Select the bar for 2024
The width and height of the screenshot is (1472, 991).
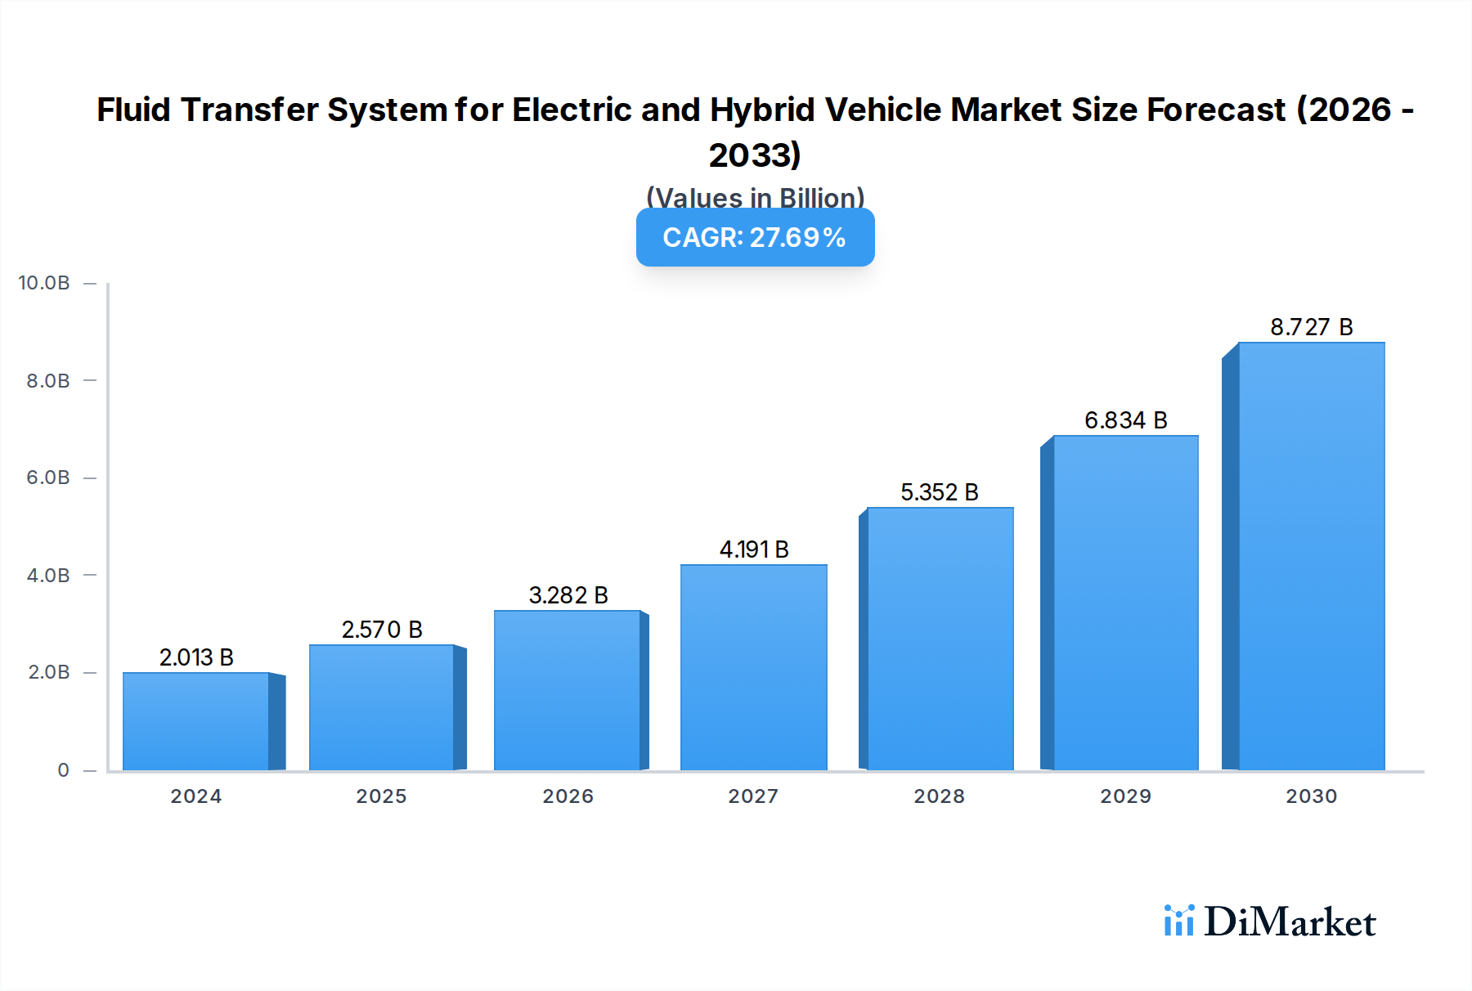[x=196, y=721]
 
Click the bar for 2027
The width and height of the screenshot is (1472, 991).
[x=753, y=667]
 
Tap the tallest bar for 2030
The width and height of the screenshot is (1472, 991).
[x=1311, y=556]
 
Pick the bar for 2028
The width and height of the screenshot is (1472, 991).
[x=940, y=639]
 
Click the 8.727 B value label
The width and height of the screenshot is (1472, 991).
[x=1311, y=327]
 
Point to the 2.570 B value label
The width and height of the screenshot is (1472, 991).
[x=382, y=630]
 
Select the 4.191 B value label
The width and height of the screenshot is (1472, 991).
[x=753, y=549]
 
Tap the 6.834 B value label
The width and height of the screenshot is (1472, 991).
[x=1125, y=420]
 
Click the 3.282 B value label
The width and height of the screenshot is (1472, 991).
[x=568, y=595]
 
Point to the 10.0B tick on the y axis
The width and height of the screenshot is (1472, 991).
[x=44, y=283]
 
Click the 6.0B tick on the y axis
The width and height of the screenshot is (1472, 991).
[x=48, y=478]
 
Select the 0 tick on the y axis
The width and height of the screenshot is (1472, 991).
[x=63, y=770]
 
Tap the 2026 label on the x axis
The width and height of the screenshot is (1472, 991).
[x=568, y=796]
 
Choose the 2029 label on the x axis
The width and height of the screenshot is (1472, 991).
[x=1125, y=796]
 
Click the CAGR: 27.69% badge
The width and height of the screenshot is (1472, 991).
[x=755, y=237]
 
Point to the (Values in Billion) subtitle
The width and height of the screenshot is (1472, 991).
[x=755, y=197]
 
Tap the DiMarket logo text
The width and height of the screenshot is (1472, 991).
[x=1290, y=922]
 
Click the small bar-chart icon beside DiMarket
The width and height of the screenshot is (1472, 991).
[x=1178, y=921]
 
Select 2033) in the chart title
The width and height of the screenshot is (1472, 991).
[x=755, y=155]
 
